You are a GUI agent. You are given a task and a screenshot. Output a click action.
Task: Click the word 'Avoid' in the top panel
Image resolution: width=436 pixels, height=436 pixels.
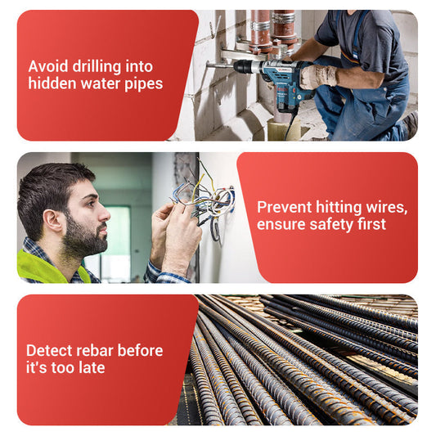point(48,66)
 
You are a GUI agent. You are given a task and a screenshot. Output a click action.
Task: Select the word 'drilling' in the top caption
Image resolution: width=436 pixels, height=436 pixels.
point(97,67)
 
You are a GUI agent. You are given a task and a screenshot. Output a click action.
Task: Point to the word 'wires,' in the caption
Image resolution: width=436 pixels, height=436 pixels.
point(387,208)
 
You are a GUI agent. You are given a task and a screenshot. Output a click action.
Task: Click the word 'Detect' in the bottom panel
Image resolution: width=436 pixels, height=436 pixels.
point(50,350)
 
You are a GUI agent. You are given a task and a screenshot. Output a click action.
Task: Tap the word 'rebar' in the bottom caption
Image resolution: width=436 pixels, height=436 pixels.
point(95,350)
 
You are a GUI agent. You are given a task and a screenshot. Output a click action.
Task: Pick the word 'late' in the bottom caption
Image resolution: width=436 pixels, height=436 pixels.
point(92,367)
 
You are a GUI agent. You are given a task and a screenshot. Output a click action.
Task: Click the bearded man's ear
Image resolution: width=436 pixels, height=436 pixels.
point(52,221)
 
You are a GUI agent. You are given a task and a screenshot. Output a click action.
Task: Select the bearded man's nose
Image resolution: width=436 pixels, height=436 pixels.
point(104,214)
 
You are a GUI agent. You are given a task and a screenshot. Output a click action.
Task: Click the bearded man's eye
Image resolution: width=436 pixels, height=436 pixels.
point(92,203)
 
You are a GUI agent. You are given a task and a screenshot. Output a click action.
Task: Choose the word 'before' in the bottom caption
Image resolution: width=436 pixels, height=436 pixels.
point(140,350)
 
